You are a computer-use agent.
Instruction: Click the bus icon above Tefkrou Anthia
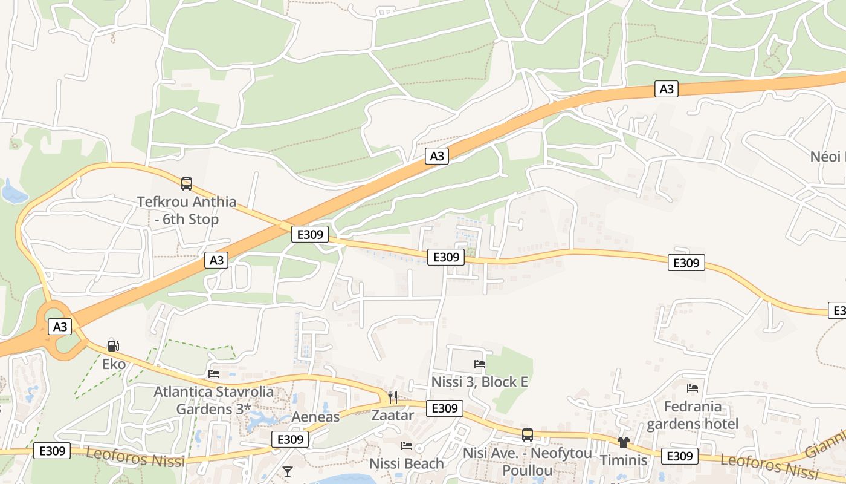187,183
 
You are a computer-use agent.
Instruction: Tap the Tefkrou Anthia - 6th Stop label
187,210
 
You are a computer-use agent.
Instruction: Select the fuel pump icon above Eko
113,346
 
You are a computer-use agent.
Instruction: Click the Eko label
114,364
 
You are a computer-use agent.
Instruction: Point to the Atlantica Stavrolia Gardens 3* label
213,400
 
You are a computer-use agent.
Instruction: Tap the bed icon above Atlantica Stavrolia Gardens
214,374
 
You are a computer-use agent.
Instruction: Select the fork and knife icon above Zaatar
393,397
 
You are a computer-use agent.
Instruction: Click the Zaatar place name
393,415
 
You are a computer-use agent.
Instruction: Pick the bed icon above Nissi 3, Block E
480,364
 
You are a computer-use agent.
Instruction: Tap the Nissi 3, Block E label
480,382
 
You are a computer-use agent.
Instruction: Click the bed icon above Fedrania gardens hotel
693,388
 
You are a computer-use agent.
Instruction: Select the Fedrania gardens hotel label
693,414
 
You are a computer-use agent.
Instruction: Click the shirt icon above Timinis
624,442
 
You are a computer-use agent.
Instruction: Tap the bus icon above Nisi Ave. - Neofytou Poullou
528,434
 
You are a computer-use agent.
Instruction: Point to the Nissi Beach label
407,463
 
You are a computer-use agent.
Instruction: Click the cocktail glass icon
288,471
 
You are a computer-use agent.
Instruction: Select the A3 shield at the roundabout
60,327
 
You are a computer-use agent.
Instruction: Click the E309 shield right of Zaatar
445,408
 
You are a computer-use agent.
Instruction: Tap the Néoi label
827,157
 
